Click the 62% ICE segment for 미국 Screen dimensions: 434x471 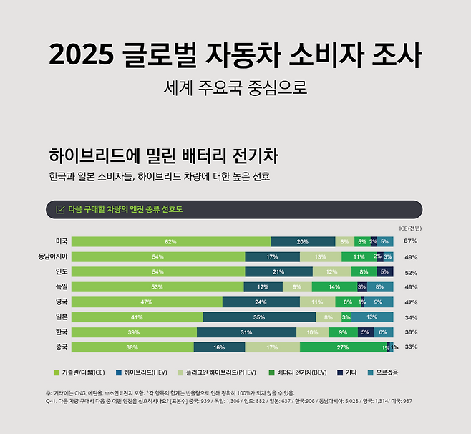pyautogui.click(x=170, y=241)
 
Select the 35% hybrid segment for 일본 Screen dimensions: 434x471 pyautogui.click(x=259, y=317)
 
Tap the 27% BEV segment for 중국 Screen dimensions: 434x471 pyautogui.click(x=342, y=347)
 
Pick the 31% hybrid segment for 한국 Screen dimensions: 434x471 pyautogui.click(x=246, y=332)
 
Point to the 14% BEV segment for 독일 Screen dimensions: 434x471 pyautogui.click(x=334, y=286)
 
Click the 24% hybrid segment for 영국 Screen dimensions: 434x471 pyautogui.click(x=260, y=302)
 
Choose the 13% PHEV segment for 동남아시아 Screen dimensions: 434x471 pyautogui.click(x=320, y=256)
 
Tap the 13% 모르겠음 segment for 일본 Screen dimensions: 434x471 pyautogui.click(x=372, y=317)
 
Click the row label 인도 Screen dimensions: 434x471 pyautogui.click(x=62, y=271)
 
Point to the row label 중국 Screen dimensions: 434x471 pyautogui.click(x=62, y=347)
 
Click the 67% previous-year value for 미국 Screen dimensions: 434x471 pyautogui.click(x=410, y=241)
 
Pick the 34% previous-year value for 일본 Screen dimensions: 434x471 pyautogui.click(x=410, y=317)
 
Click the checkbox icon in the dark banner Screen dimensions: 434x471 pyautogui.click(x=60, y=209)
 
